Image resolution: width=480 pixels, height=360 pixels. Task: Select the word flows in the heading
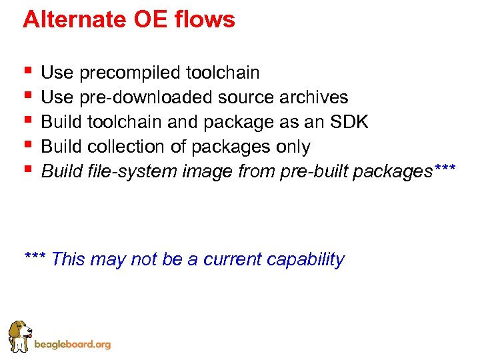[207, 20]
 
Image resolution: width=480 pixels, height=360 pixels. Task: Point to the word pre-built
[314, 171]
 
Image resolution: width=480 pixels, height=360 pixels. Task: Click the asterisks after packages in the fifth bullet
[444, 169]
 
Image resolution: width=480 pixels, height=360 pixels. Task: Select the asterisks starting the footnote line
[35, 257]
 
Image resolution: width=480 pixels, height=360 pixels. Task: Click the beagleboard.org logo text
[72, 345]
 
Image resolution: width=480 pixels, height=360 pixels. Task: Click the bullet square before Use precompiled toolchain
[27, 71]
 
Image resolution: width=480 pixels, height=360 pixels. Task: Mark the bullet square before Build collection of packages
[27, 145]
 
